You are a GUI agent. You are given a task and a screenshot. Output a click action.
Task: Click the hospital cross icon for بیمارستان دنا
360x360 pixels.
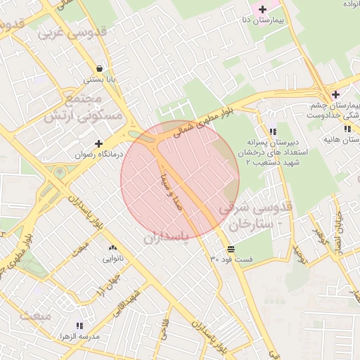(263, 10)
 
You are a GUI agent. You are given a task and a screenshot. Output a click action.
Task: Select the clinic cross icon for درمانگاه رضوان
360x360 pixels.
(99, 143)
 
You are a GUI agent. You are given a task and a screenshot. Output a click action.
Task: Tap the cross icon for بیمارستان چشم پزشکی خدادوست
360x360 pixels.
(335, 94)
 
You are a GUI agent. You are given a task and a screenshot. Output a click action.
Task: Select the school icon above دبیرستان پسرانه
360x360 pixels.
(273, 131)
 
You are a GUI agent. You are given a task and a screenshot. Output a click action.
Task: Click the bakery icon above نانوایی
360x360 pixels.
(112, 248)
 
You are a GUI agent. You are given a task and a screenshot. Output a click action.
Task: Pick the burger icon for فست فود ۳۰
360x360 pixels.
(231, 249)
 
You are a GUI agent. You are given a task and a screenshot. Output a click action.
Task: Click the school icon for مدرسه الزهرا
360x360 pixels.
(79, 326)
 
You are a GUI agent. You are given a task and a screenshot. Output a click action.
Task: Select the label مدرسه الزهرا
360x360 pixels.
(78, 336)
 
